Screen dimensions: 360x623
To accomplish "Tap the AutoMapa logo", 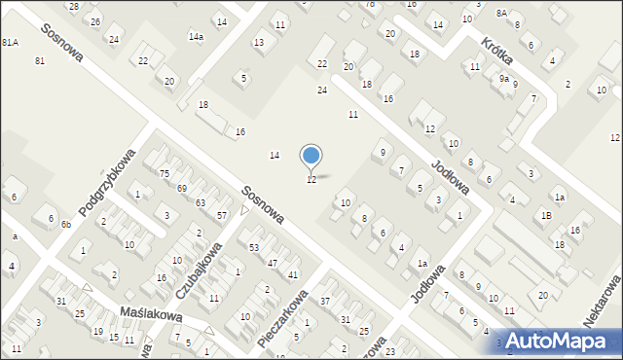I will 556,341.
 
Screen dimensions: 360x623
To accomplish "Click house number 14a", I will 196,37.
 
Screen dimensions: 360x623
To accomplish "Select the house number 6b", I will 65,225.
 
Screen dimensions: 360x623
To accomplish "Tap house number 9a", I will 504,79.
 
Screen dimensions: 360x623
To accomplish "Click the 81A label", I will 10,43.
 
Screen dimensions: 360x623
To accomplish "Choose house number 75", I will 164,173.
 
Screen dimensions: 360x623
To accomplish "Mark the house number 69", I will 182,188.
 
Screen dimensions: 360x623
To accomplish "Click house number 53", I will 254,248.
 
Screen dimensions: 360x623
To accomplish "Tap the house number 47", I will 273,263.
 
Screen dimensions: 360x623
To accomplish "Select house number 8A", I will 501,14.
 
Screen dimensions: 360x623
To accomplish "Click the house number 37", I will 326,301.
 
